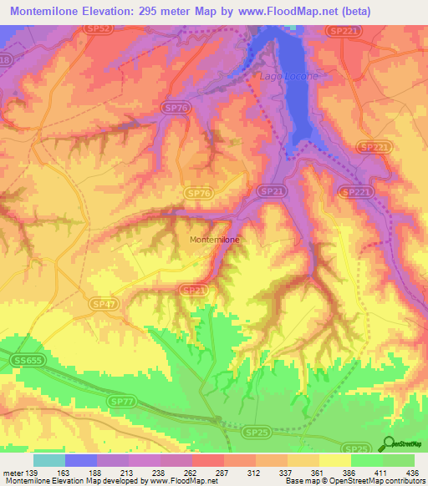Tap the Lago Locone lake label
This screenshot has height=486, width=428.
coord(275,76)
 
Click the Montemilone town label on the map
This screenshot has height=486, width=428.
coord(215,240)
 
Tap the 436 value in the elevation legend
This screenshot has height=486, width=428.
coord(413,472)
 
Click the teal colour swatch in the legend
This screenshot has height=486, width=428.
coord(49,459)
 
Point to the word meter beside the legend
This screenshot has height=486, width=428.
coord(14,472)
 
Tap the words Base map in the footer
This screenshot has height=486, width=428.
coord(299,482)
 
